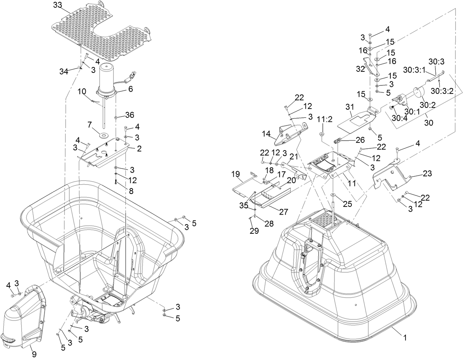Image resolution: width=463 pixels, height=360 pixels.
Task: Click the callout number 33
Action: click(x=57, y=5)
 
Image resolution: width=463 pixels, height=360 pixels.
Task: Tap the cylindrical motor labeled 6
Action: click(x=106, y=81)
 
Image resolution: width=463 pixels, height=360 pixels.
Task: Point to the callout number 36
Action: click(x=130, y=115)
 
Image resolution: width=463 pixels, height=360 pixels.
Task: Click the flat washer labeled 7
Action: click(x=105, y=135)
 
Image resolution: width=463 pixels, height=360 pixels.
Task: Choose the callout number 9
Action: click(x=34, y=354)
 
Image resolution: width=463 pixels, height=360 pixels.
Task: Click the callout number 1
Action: click(x=405, y=338)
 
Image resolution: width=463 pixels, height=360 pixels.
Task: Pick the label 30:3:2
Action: click(x=442, y=91)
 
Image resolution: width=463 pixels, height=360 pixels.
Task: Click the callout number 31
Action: click(x=350, y=107)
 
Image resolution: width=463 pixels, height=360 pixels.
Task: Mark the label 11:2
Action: click(x=325, y=119)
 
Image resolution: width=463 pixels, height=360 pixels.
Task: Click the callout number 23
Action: click(x=427, y=173)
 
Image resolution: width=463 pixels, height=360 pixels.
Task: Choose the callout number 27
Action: click(x=284, y=212)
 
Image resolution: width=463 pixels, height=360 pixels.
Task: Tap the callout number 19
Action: click(x=236, y=174)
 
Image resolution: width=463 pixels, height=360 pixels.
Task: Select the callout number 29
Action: click(x=254, y=231)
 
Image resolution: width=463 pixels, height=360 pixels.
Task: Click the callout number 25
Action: click(x=347, y=204)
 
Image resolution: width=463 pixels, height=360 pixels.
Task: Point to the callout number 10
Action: click(x=82, y=91)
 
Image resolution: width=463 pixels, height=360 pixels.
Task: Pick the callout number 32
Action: click(x=360, y=69)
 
